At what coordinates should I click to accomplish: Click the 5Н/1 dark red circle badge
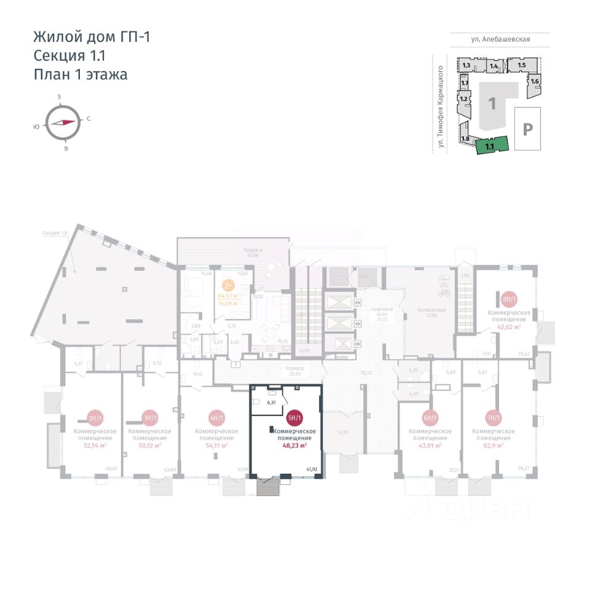pyautogui.click(x=295, y=419)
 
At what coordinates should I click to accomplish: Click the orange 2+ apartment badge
pyautogui.click(x=228, y=285)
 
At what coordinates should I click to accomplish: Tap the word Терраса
pyautogui.click(x=253, y=250)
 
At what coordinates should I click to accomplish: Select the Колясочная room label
pyautogui.click(x=431, y=310)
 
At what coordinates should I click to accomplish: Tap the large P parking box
pyautogui.click(x=527, y=129)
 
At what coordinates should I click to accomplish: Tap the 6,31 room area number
pyautogui.click(x=271, y=403)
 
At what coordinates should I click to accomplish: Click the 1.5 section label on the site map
pyautogui.click(x=521, y=65)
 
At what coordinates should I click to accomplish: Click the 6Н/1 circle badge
pyautogui.click(x=430, y=419)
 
